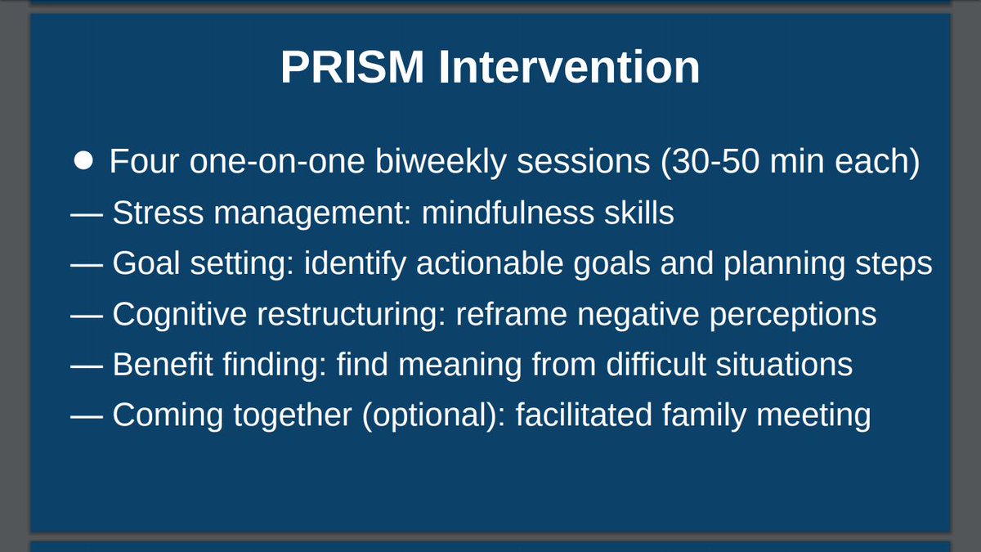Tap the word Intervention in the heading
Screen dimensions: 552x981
pyautogui.click(x=569, y=68)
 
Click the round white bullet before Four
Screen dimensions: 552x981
pyautogui.click(x=84, y=160)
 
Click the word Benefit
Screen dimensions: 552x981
pyautogui.click(x=160, y=365)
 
